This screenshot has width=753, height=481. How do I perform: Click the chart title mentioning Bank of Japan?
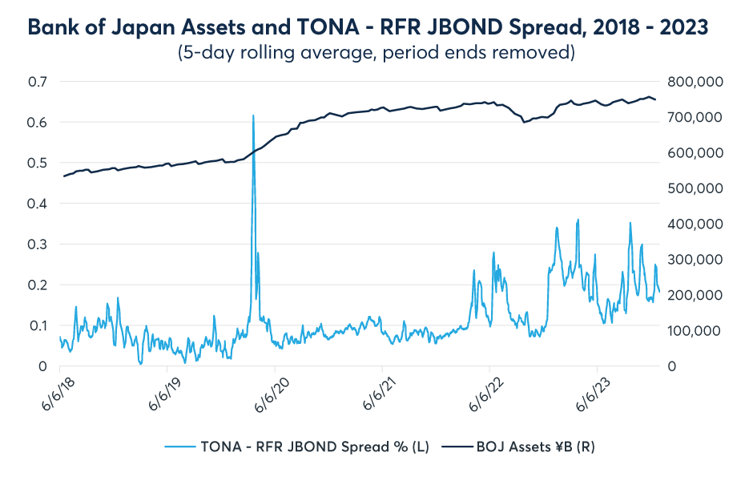368,26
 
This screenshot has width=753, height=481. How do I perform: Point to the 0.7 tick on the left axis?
38,82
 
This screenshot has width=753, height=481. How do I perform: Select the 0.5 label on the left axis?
38,163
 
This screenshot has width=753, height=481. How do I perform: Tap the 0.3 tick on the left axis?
38,245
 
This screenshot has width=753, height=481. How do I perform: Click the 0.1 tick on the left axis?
38,325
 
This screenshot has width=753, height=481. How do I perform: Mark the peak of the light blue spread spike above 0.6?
253,115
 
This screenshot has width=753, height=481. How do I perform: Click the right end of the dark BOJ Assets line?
656,99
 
